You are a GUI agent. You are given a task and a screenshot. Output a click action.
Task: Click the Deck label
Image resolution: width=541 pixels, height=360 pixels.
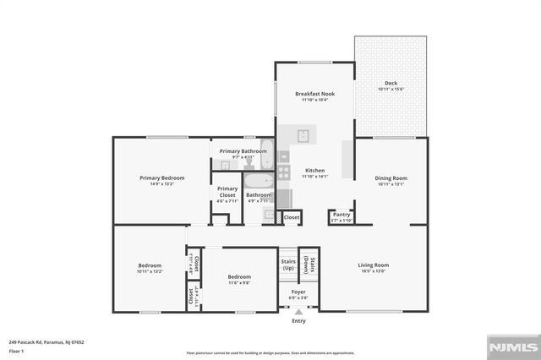[391, 84]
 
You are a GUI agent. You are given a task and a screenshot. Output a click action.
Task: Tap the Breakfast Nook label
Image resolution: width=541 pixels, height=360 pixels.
[314, 93]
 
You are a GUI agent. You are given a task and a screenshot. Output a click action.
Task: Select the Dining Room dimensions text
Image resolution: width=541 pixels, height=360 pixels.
[391, 184]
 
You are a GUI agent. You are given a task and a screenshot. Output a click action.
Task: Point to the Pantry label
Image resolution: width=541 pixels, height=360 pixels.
[342, 215]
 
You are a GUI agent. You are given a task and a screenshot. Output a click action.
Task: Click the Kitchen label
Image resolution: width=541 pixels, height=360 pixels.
[314, 171]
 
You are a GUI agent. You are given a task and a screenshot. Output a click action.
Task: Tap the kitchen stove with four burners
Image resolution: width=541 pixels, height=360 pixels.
[284, 173]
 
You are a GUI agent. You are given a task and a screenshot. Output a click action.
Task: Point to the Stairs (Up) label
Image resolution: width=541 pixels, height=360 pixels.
[288, 265]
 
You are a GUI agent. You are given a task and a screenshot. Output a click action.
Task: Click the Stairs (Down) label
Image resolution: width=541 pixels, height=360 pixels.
[312, 265]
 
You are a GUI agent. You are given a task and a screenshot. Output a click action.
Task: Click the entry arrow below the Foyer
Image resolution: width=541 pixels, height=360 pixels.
[298, 312]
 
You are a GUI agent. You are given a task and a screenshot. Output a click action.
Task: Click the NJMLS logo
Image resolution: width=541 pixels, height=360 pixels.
[512, 346]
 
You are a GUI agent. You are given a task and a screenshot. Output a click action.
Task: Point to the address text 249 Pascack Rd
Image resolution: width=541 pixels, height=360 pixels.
[46, 342]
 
